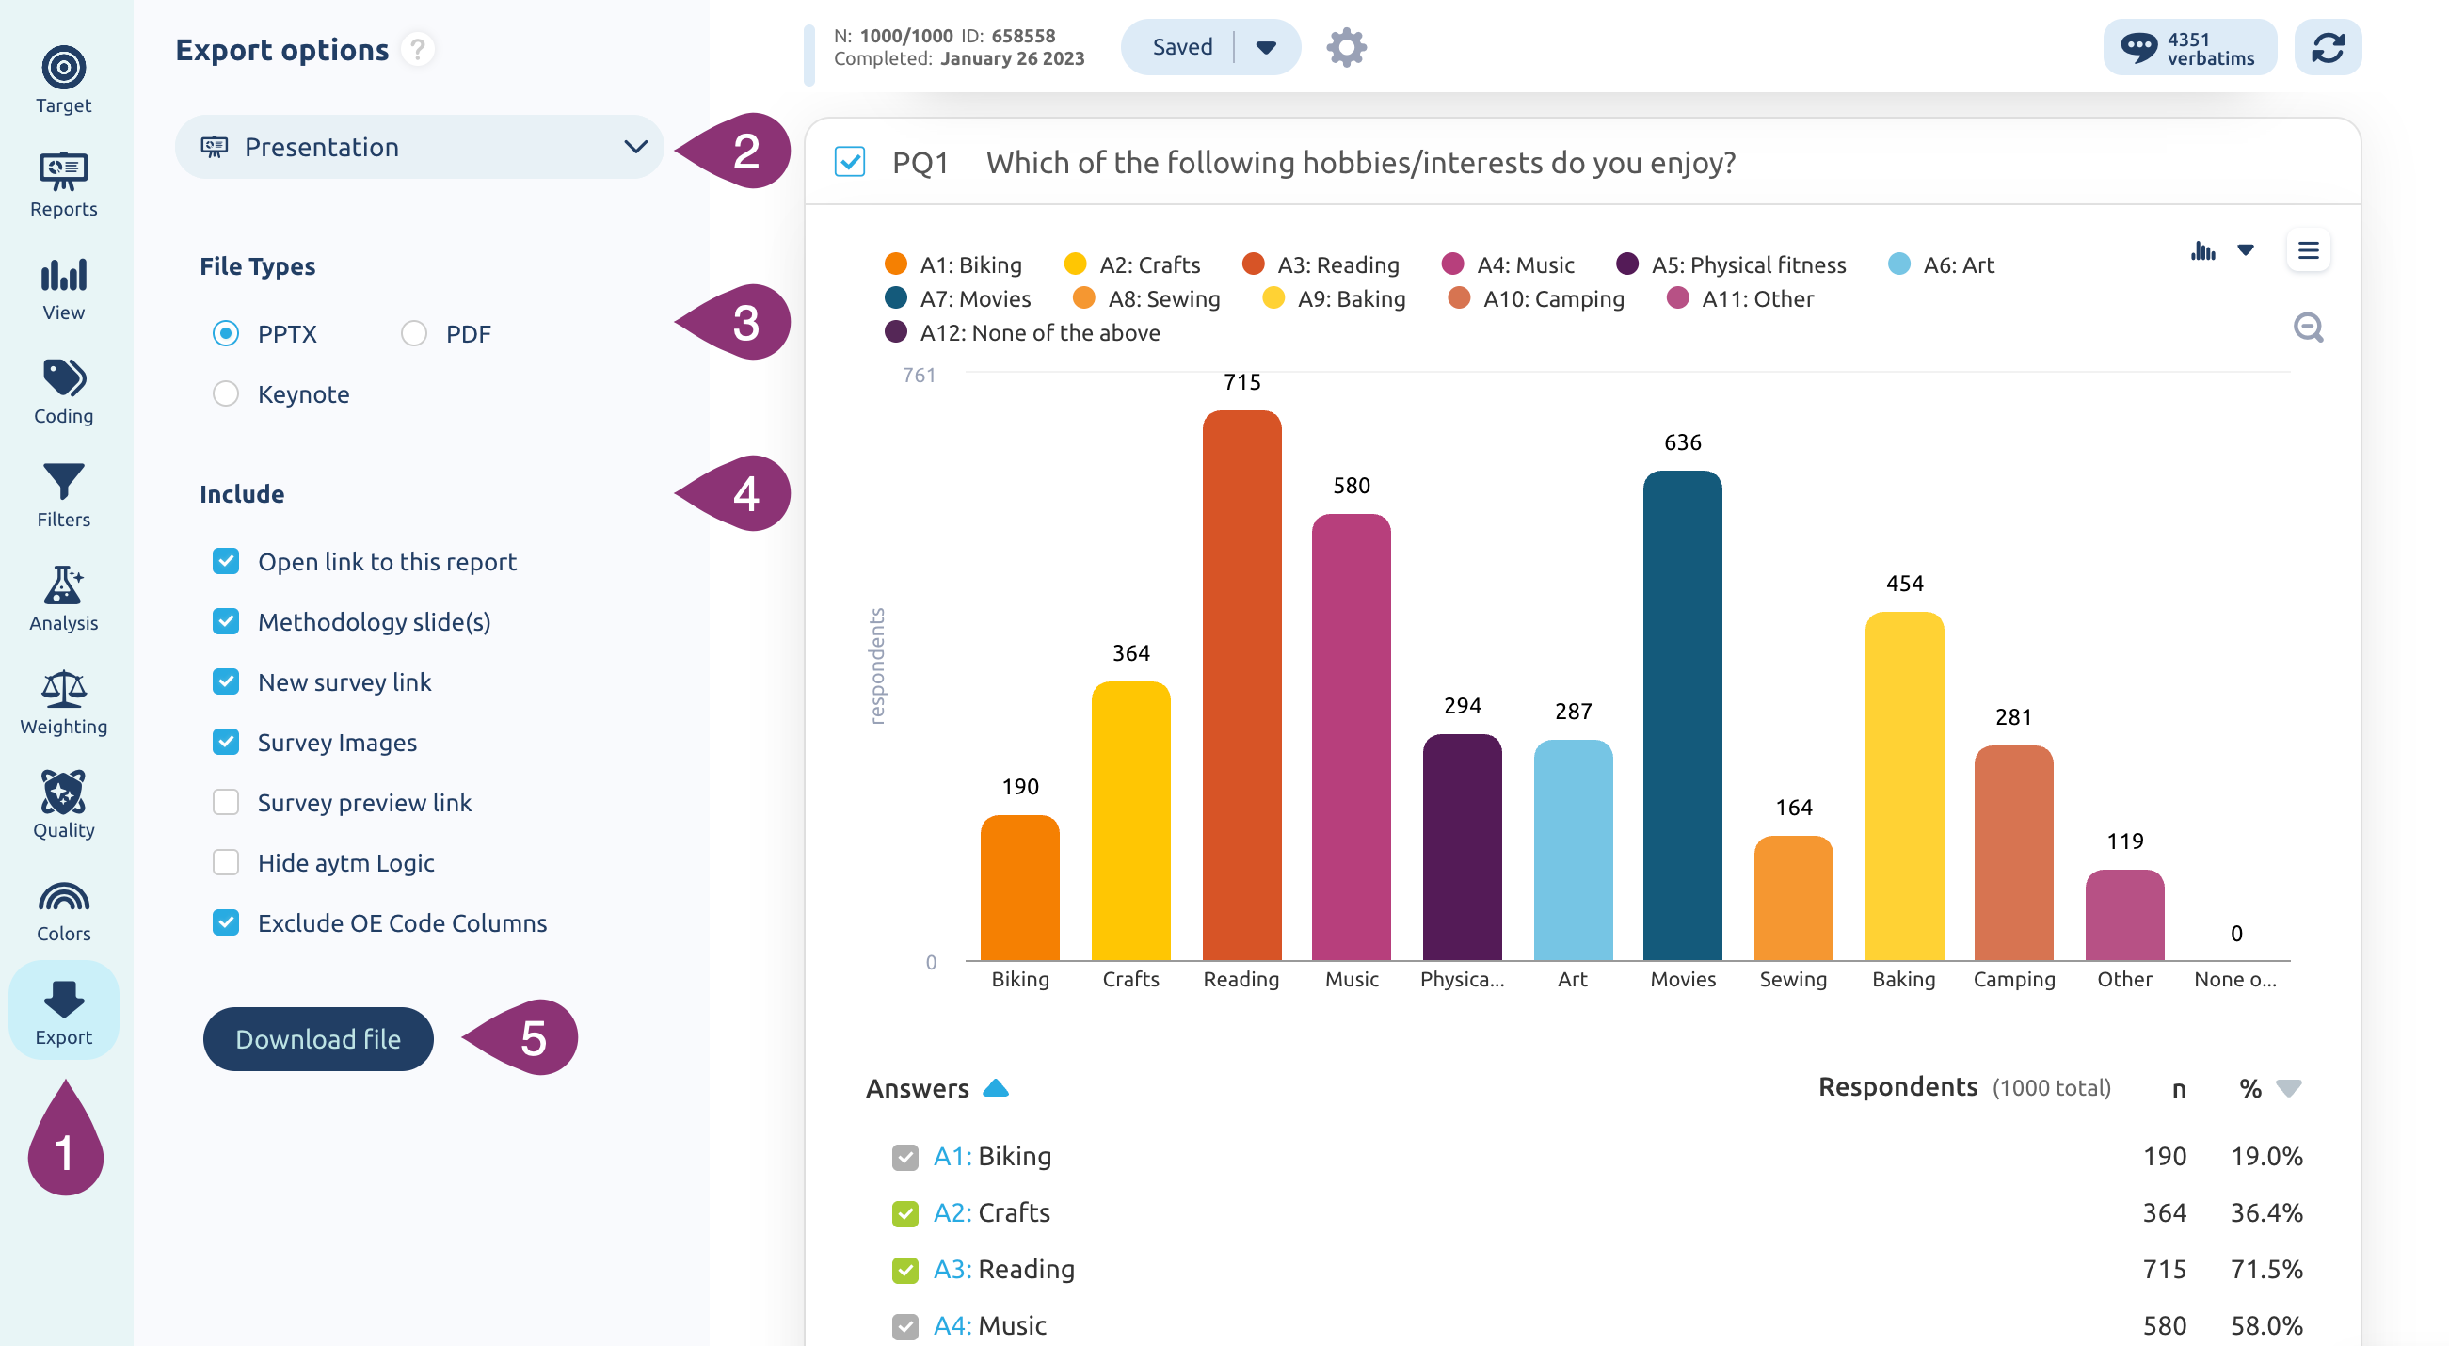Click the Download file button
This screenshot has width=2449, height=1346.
[317, 1038]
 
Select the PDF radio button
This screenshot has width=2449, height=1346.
[413, 333]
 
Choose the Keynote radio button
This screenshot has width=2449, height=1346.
[225, 393]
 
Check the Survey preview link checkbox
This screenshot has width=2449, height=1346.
[225, 802]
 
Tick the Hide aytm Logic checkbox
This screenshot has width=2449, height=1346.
[225, 862]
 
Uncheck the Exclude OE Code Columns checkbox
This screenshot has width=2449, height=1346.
[225, 922]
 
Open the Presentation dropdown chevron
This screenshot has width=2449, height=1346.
[635, 148]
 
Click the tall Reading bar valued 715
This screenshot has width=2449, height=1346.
[1241, 685]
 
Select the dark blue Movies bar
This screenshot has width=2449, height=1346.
[1682, 715]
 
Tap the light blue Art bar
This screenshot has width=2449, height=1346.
[1573, 850]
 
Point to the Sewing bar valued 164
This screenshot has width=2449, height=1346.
[1793, 897]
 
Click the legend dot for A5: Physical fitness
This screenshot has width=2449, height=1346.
[1626, 264]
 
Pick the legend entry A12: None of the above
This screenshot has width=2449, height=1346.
[1022, 332]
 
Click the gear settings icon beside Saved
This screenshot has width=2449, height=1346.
[1345, 46]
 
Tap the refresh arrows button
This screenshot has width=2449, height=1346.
[2327, 46]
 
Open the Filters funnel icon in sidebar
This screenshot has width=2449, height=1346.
[64, 481]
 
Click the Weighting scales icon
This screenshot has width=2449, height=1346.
[64, 689]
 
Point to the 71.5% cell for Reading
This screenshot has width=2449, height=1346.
[2265, 1269]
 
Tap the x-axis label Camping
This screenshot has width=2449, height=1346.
[2012, 979]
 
